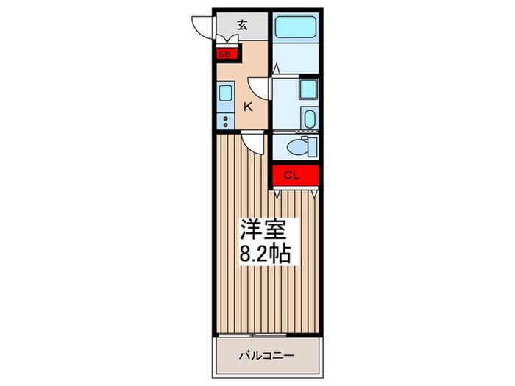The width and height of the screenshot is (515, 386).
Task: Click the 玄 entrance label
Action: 242,25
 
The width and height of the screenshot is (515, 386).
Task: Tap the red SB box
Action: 227,54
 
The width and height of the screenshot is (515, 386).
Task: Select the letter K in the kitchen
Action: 248,107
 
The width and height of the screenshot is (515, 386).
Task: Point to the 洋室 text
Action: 263,229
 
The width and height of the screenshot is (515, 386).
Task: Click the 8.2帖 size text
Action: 265,253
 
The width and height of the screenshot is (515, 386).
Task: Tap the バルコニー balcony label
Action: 266,355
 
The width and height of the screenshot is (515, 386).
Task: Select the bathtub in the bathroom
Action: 296,27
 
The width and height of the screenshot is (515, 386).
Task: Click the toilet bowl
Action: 297,147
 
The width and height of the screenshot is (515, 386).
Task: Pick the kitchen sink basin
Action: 225,93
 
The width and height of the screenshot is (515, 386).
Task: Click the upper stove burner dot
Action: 226,118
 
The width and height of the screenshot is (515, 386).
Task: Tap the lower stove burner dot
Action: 226,125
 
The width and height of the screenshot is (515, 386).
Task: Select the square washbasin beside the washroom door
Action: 308,89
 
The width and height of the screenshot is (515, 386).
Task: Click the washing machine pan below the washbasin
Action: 310,119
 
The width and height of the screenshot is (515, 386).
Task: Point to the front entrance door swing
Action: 202,27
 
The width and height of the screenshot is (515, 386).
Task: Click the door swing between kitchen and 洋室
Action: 252,142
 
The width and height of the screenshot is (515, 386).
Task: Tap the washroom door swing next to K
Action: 260,88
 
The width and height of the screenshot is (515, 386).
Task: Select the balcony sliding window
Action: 252,335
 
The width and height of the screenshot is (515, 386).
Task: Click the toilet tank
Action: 313,147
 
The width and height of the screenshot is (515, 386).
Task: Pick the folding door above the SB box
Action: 227,40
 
